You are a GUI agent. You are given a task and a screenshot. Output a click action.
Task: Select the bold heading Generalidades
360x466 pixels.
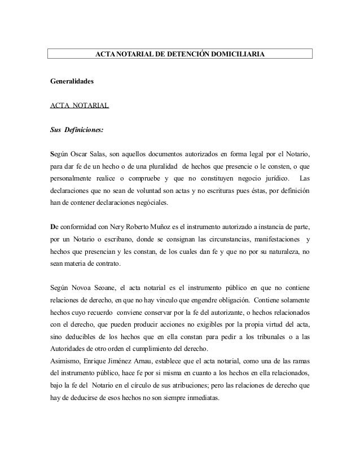coord(72,81)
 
